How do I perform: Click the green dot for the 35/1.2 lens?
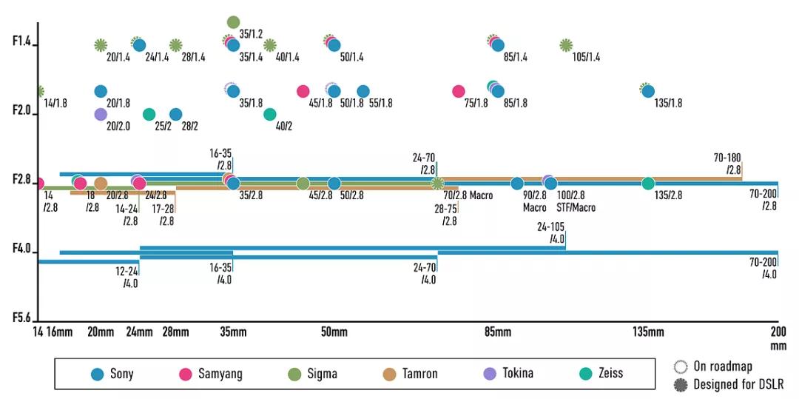pyautogui.click(x=233, y=22)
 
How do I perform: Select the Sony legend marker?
pyautogui.click(x=96, y=374)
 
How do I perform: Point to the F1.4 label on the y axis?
pyautogui.click(x=22, y=41)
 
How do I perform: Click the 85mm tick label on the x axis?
pyautogui.click(x=498, y=332)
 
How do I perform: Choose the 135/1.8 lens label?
pyautogui.click(x=668, y=104)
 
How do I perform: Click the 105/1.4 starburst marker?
pyautogui.click(x=566, y=45)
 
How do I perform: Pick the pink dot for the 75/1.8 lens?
pyautogui.click(x=459, y=91)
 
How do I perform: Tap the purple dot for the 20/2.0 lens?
pyautogui.click(x=101, y=114)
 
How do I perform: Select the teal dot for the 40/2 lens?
pyautogui.click(x=270, y=114)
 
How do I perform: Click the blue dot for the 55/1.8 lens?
pyautogui.click(x=363, y=91)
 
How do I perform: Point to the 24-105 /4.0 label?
pyautogui.click(x=552, y=233)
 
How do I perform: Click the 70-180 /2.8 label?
pyautogui.click(x=728, y=164)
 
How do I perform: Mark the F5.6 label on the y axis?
pyautogui.click(x=22, y=318)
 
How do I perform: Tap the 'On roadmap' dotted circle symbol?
pyautogui.click(x=681, y=366)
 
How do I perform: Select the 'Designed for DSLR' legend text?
pyautogui.click(x=738, y=385)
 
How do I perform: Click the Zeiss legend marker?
pyautogui.click(x=586, y=374)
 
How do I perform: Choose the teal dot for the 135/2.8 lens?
pyautogui.click(x=648, y=184)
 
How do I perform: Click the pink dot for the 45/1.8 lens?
pyautogui.click(x=303, y=91)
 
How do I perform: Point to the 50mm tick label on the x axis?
pyautogui.click(x=334, y=332)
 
